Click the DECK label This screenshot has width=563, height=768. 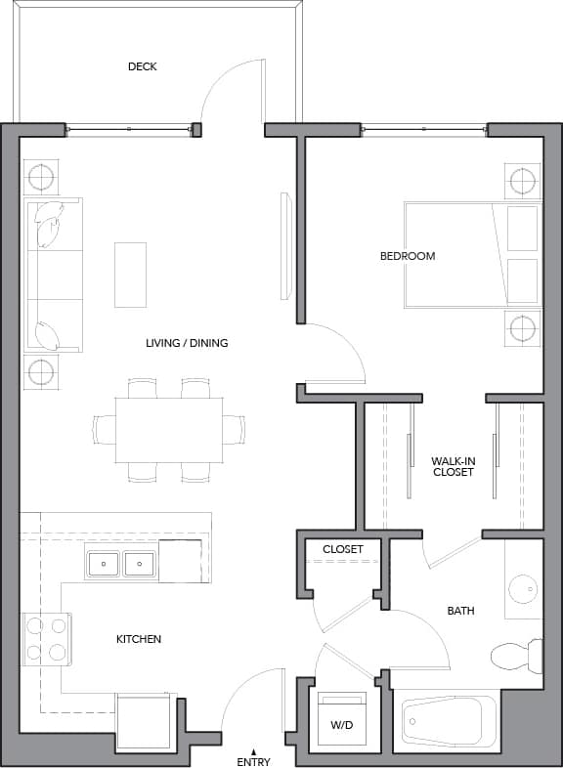[x=142, y=66]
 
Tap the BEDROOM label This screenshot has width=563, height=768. [x=408, y=256]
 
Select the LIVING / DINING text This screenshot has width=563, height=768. [x=187, y=343]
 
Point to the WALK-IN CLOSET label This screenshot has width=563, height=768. [x=453, y=466]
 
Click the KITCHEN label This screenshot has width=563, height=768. [x=139, y=639]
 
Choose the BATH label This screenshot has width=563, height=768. [x=460, y=611]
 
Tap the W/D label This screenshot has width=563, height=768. [x=342, y=726]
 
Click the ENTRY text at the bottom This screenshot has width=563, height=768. [x=253, y=761]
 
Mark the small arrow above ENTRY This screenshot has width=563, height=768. [x=253, y=750]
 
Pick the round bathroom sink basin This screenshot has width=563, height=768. [x=524, y=588]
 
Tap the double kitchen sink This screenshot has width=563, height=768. [x=121, y=564]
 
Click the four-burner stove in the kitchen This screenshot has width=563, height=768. [x=46, y=639]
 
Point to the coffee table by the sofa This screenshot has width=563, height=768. [x=130, y=274]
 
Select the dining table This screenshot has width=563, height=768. [x=168, y=429]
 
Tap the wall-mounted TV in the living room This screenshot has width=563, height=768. [x=285, y=246]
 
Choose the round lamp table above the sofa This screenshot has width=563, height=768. [x=41, y=178]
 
